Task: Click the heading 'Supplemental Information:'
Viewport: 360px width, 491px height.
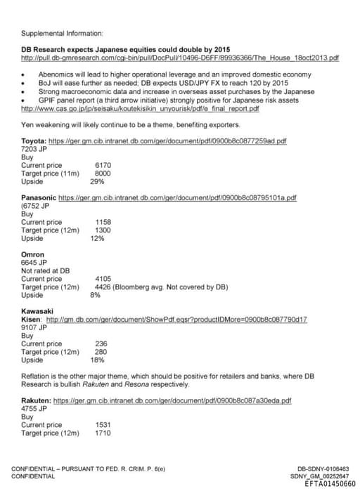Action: (x=62, y=32)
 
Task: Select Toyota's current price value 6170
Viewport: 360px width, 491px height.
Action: (x=103, y=165)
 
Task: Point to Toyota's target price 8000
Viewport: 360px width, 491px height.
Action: (x=103, y=173)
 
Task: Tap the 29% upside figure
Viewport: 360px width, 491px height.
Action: (x=98, y=181)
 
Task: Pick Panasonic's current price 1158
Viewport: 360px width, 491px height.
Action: (x=103, y=222)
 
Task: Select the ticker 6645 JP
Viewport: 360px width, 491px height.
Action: (x=34, y=263)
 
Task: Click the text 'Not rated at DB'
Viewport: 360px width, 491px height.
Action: (x=46, y=270)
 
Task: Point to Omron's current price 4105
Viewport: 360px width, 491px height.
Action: (x=103, y=279)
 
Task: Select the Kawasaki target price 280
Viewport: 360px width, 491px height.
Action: (x=101, y=352)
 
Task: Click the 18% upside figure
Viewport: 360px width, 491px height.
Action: (x=98, y=360)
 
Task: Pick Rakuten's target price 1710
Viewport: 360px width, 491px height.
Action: (x=103, y=433)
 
